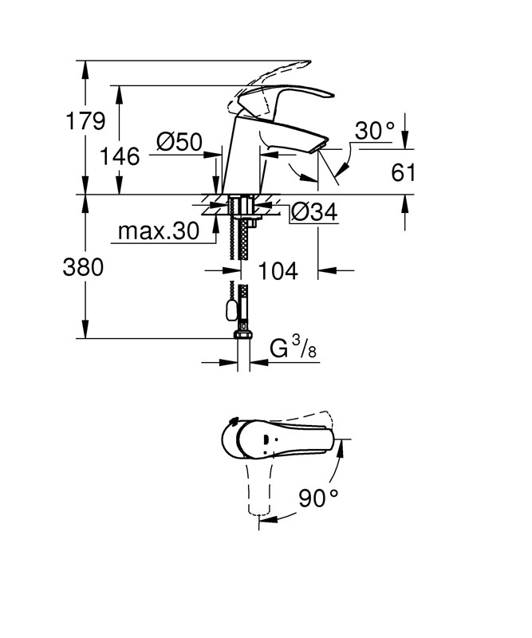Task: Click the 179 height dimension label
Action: [85, 122]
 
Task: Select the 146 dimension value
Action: [120, 156]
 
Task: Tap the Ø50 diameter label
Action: [179, 143]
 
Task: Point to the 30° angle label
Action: [375, 131]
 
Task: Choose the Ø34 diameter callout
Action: [313, 212]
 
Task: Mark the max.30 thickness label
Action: [157, 232]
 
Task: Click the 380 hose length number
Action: [83, 269]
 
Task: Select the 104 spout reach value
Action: [278, 271]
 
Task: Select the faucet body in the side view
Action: [245, 156]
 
